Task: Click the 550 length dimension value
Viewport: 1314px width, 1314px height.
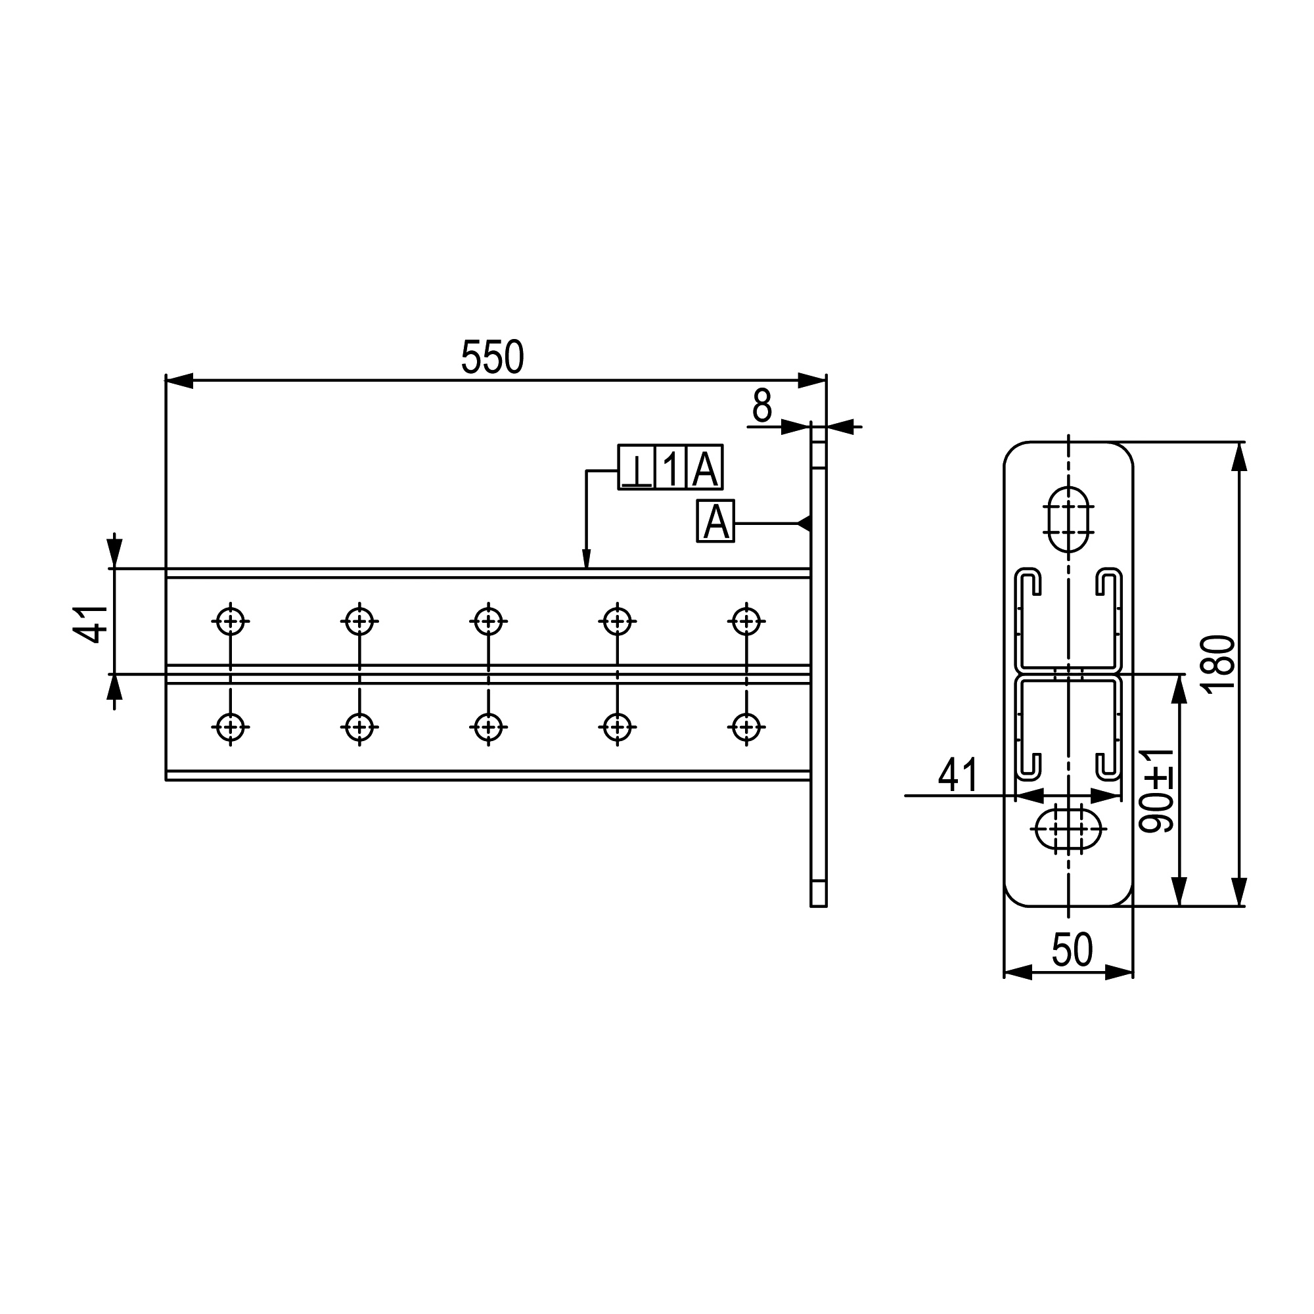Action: click(x=492, y=357)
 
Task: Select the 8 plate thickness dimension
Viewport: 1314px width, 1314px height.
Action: click(x=761, y=405)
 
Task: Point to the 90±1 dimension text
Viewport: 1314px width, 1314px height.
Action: click(x=1157, y=790)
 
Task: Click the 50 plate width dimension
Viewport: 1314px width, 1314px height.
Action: click(x=1073, y=951)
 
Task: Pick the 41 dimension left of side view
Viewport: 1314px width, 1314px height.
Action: click(x=91, y=623)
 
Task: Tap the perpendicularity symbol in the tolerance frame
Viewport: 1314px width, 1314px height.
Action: click(x=637, y=467)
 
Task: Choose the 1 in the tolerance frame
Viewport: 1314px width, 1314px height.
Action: click(x=671, y=467)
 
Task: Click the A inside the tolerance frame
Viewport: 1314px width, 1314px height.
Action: click(x=704, y=467)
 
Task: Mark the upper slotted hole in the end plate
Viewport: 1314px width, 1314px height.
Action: click(x=1068, y=519)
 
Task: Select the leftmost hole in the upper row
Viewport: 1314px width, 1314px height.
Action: click(x=231, y=621)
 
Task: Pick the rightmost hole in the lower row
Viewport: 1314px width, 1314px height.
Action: click(x=747, y=727)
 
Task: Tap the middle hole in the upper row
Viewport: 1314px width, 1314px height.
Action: click(x=488, y=621)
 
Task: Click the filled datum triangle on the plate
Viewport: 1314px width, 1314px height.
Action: click(x=804, y=523)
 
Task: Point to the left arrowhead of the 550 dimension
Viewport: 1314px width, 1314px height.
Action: click(x=179, y=381)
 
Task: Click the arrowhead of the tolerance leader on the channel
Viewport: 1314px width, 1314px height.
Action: click(x=586, y=558)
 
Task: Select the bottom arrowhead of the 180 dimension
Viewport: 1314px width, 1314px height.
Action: click(x=1239, y=892)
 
